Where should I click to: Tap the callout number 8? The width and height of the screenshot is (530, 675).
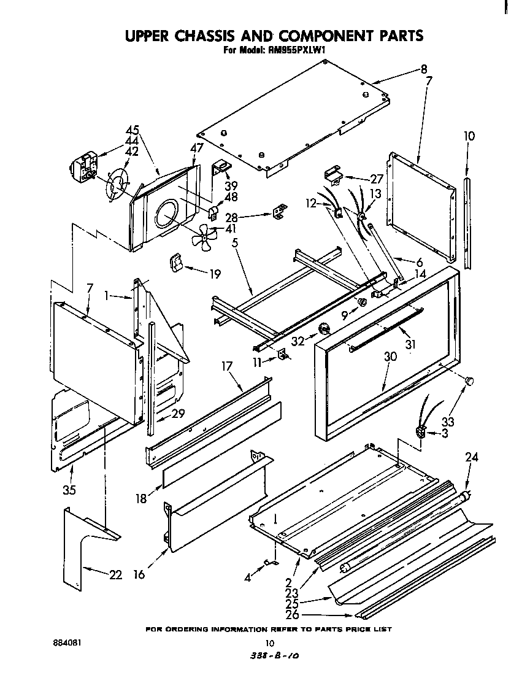(424, 70)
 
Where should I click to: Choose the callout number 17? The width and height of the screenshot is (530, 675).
(227, 367)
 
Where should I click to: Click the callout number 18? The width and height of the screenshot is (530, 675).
(141, 498)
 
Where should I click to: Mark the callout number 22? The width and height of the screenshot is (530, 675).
(115, 574)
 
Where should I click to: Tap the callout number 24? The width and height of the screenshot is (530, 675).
(471, 457)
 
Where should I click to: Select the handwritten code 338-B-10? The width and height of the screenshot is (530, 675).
(269, 656)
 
